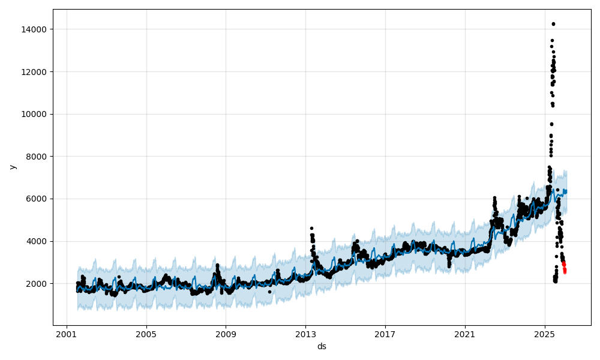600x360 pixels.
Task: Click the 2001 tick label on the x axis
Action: (x=67, y=334)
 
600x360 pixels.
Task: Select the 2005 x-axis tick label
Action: (x=146, y=334)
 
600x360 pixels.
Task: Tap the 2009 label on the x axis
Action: (x=226, y=334)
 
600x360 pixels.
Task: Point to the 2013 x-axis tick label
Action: (x=305, y=334)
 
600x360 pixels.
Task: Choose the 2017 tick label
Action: (x=385, y=334)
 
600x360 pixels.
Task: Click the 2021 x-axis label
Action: (x=465, y=334)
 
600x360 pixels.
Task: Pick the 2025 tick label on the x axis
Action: (x=544, y=334)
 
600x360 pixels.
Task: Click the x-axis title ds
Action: (x=322, y=346)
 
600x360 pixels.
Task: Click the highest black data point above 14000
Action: (x=553, y=24)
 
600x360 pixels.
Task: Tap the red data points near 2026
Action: (x=564, y=268)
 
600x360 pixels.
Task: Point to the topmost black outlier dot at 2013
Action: (x=311, y=228)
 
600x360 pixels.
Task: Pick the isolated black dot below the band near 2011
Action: (x=269, y=292)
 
